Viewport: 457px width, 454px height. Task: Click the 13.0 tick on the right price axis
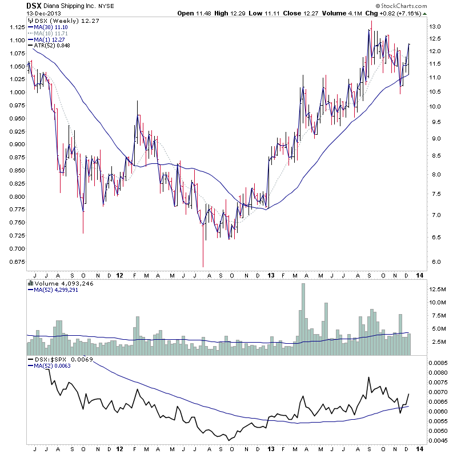(x=436, y=27)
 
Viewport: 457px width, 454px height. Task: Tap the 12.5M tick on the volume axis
(x=438, y=290)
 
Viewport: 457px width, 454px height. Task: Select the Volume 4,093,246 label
(x=61, y=283)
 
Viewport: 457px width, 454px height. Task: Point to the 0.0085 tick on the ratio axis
(x=440, y=363)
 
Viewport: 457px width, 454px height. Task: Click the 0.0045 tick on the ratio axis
(x=440, y=440)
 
